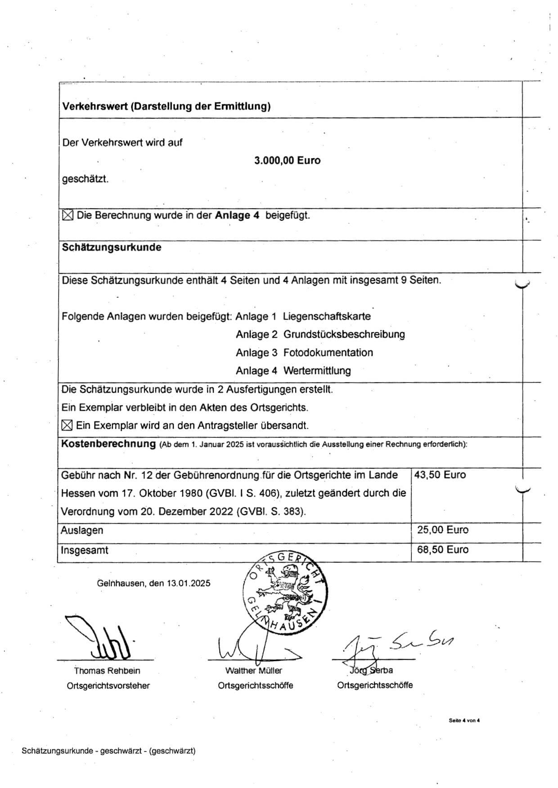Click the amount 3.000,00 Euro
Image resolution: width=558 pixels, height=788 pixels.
coord(287,160)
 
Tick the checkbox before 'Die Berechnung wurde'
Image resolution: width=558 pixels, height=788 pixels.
coord(67,215)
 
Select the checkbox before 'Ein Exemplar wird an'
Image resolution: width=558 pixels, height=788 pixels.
coord(67,425)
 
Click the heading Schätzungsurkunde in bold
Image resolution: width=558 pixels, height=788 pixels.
coord(112,247)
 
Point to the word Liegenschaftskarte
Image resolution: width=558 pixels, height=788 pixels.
coord(327,316)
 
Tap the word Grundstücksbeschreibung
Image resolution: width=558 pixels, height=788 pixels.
coord(344,334)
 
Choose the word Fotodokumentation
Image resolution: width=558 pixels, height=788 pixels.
coord(328,352)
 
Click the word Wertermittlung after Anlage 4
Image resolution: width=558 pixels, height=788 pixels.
coord(317,371)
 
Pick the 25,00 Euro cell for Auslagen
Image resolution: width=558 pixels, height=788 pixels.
coord(442,530)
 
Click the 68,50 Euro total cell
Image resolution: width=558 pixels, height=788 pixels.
coord(442,549)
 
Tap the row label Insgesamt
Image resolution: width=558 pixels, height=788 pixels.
coord(85,550)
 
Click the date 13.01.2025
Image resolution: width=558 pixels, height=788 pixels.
coord(189,583)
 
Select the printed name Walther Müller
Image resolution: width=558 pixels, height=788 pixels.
coord(254,671)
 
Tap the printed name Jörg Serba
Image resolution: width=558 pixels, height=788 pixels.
coord(372,670)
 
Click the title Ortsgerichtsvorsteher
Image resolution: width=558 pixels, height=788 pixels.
coord(108,686)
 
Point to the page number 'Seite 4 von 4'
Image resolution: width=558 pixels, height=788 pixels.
coord(464,721)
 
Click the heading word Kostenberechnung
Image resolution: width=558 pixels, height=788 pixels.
coord(108,444)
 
